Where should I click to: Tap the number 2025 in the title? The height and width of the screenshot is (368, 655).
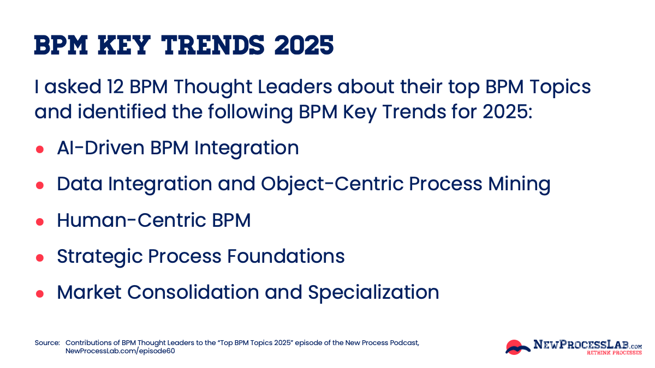point(303,46)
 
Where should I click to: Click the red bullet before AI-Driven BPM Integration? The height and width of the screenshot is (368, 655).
point(40,149)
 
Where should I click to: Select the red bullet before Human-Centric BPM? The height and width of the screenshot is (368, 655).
point(40,221)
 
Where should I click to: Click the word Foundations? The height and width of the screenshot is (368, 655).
point(284,256)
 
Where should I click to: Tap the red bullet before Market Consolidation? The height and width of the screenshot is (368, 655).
point(40,293)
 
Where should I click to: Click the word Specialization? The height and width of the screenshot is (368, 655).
point(373,292)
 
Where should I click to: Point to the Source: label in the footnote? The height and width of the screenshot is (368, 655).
point(47,343)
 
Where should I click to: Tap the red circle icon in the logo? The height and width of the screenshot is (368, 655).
point(514,346)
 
